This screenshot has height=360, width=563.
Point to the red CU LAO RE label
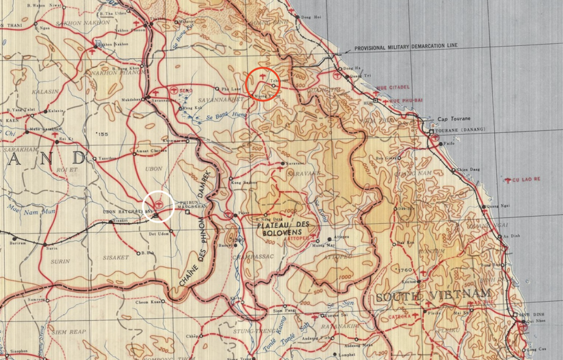pyautogui.click(x=525, y=179)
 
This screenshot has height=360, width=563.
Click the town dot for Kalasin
pyautogui.click(x=46, y=112)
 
